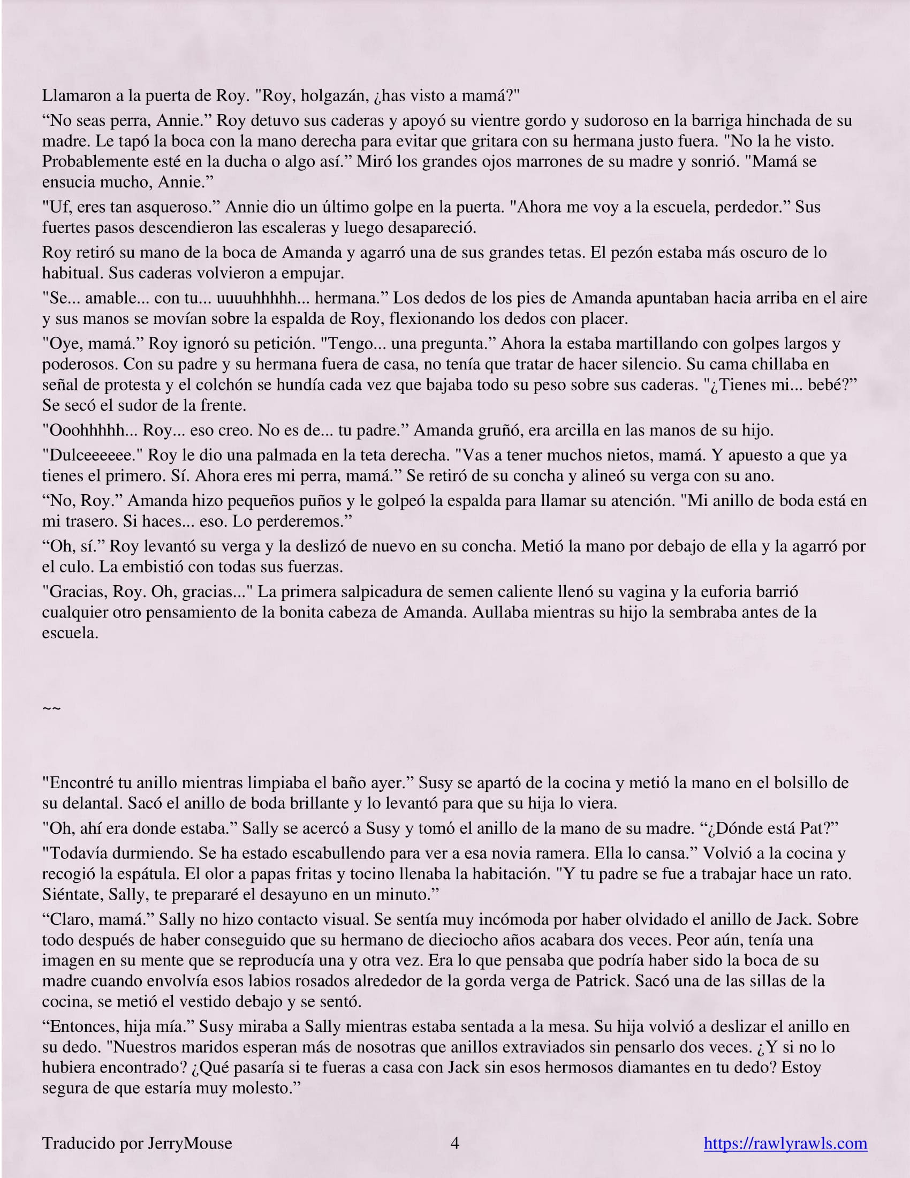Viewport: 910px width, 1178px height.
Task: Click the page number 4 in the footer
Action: click(454, 1143)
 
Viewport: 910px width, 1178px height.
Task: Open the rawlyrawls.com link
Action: click(785, 1143)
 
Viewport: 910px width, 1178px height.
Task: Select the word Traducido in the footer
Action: click(79, 1143)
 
